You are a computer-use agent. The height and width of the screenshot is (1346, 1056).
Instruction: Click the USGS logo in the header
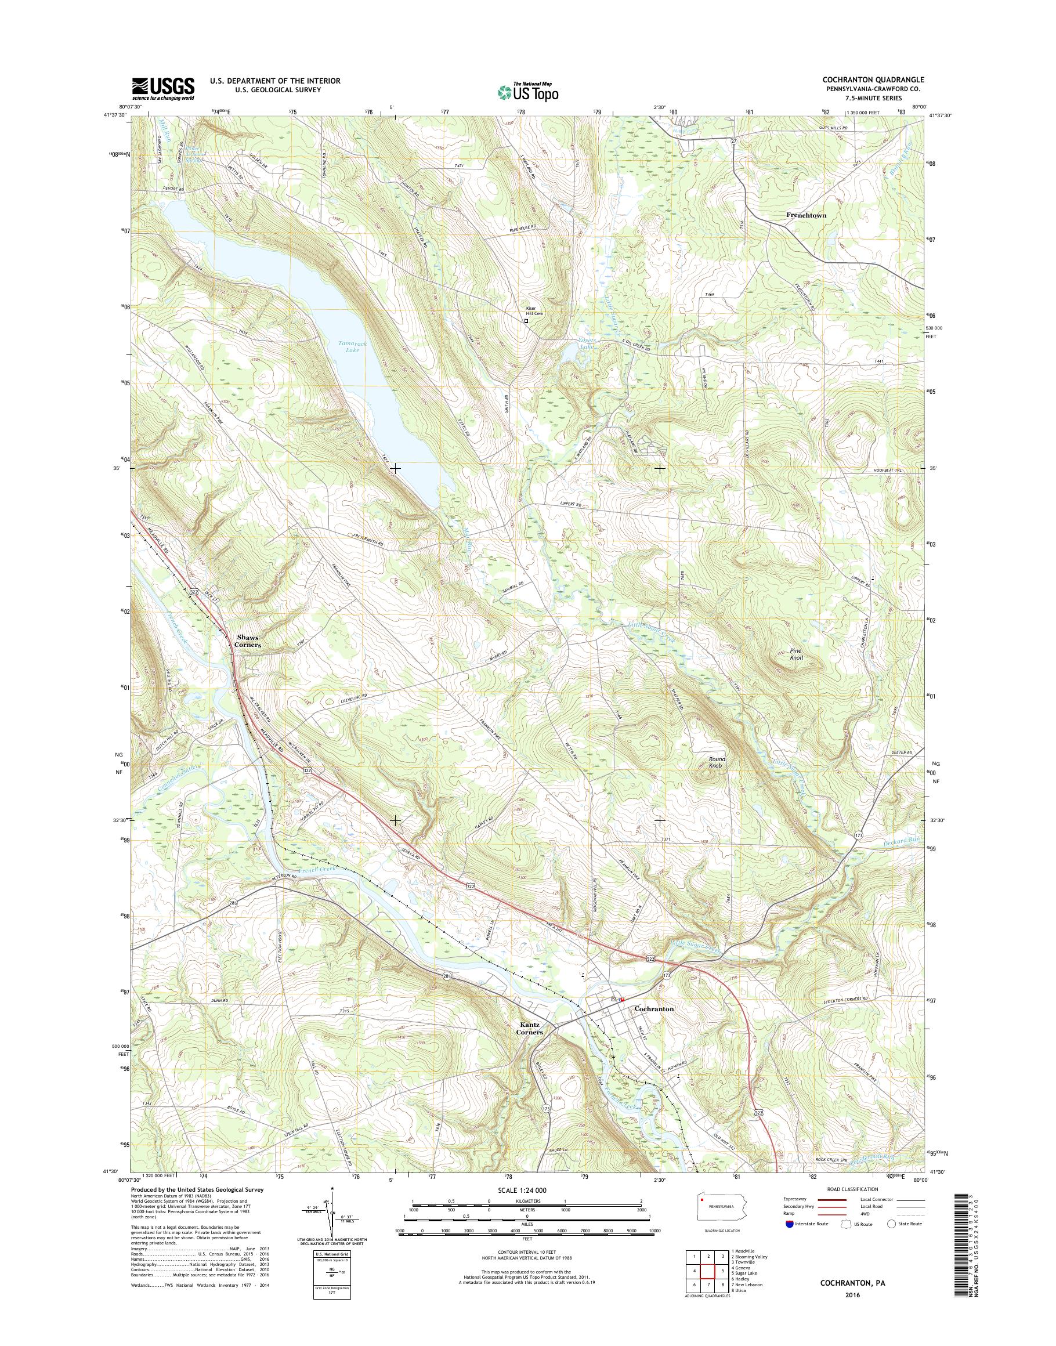coord(162,88)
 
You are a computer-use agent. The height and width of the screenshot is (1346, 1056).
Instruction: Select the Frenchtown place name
coord(807,215)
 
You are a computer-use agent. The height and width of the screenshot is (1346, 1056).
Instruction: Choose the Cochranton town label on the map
coord(654,1008)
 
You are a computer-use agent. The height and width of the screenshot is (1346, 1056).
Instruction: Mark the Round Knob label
coord(717,762)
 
